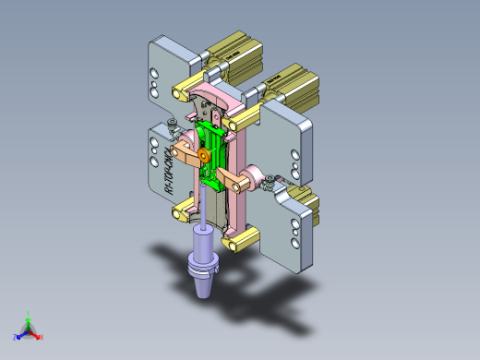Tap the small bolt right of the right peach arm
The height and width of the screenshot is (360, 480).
click(268, 185)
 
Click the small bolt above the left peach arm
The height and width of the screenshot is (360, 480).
click(174, 129)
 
